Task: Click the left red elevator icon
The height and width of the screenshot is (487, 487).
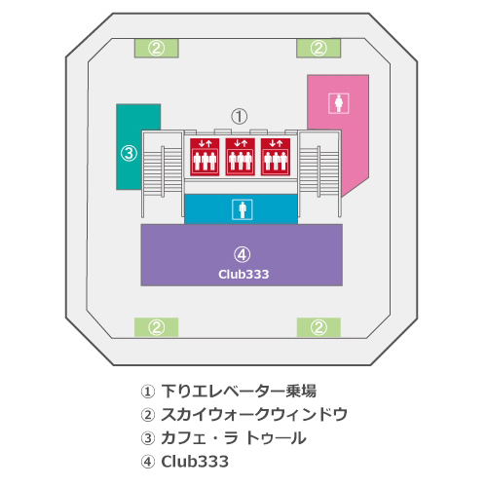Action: click(x=205, y=157)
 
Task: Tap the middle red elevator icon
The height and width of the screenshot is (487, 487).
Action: click(x=240, y=157)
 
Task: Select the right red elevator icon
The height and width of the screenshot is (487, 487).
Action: click(x=276, y=157)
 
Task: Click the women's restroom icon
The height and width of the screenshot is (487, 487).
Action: click(x=339, y=103)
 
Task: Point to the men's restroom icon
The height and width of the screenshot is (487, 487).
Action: click(x=243, y=209)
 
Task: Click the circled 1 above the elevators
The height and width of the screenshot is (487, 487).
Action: click(x=240, y=116)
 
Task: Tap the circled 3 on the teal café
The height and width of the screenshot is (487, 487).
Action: click(x=129, y=153)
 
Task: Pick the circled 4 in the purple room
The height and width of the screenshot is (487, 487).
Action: click(x=242, y=255)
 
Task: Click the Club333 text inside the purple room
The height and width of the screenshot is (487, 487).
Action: click(x=243, y=275)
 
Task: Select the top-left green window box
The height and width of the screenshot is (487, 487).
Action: click(x=157, y=49)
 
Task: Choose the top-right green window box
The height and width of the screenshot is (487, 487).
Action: click(x=318, y=49)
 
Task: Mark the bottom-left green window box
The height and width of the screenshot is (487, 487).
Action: click(x=157, y=327)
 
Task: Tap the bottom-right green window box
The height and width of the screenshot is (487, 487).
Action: click(x=318, y=327)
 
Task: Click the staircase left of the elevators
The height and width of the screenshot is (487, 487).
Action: click(x=163, y=173)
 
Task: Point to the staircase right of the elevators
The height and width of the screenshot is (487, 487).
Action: click(x=319, y=173)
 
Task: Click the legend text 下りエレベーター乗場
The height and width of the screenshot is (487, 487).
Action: click(x=239, y=391)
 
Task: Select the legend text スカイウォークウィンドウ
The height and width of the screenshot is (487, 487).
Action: click(x=254, y=415)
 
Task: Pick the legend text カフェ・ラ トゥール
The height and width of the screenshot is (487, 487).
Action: click(x=234, y=438)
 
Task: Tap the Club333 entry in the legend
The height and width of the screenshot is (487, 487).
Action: click(x=195, y=462)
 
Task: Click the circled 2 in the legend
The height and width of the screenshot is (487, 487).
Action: click(x=148, y=415)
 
